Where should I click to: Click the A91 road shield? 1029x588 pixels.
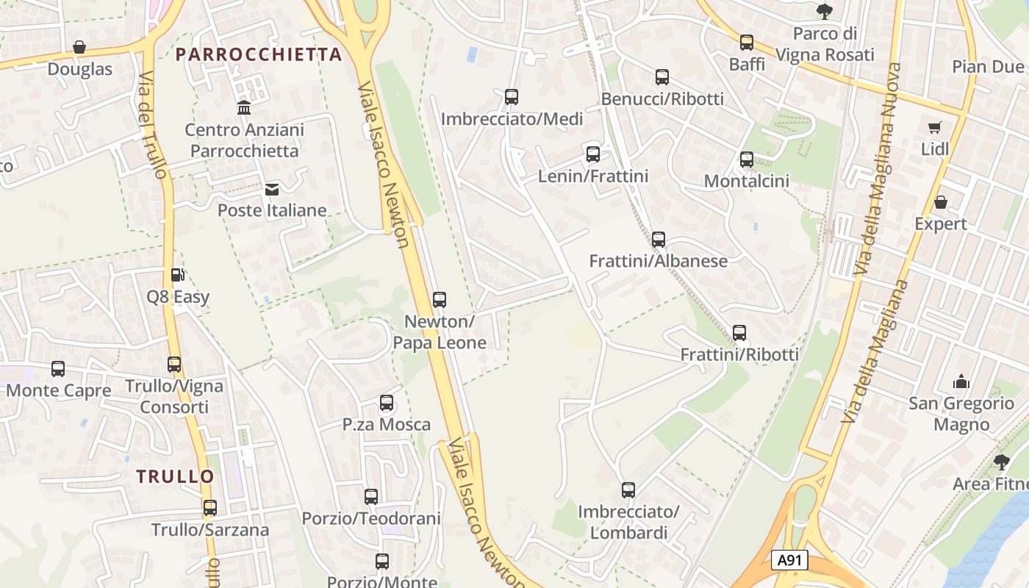click(x=790, y=560)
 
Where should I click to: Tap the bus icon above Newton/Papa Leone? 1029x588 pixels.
click(x=440, y=300)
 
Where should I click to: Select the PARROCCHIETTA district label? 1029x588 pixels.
click(x=259, y=54)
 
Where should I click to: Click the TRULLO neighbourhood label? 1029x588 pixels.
click(x=176, y=476)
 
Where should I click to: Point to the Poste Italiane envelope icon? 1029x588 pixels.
click(x=272, y=190)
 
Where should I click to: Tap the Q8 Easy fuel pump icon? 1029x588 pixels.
click(x=177, y=275)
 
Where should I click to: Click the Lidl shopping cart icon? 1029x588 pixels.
click(x=935, y=128)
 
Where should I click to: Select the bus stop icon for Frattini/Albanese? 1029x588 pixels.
click(x=659, y=240)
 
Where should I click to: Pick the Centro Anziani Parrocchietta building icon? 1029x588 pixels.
click(x=244, y=108)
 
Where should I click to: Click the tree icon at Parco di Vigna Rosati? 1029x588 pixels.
click(x=825, y=12)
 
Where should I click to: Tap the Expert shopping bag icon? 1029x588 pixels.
click(x=941, y=202)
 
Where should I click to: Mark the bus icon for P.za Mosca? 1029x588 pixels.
click(x=387, y=403)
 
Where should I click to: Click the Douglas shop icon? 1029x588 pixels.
click(x=79, y=48)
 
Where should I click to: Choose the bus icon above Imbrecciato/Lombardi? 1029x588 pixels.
click(x=628, y=490)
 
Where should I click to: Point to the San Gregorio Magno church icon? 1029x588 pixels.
click(x=961, y=381)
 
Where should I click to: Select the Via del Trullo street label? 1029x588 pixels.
click(x=154, y=125)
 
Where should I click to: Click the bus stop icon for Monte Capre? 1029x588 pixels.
click(x=58, y=369)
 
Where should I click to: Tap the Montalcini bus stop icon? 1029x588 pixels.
click(x=747, y=159)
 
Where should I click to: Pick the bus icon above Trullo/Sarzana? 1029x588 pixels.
click(x=210, y=508)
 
